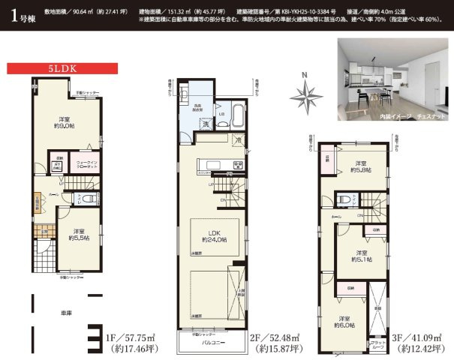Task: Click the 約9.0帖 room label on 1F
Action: (65, 123)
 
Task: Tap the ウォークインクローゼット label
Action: (88, 163)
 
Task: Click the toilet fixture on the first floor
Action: (88, 198)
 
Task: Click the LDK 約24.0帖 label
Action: (214, 235)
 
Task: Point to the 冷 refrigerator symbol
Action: (238, 140)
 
